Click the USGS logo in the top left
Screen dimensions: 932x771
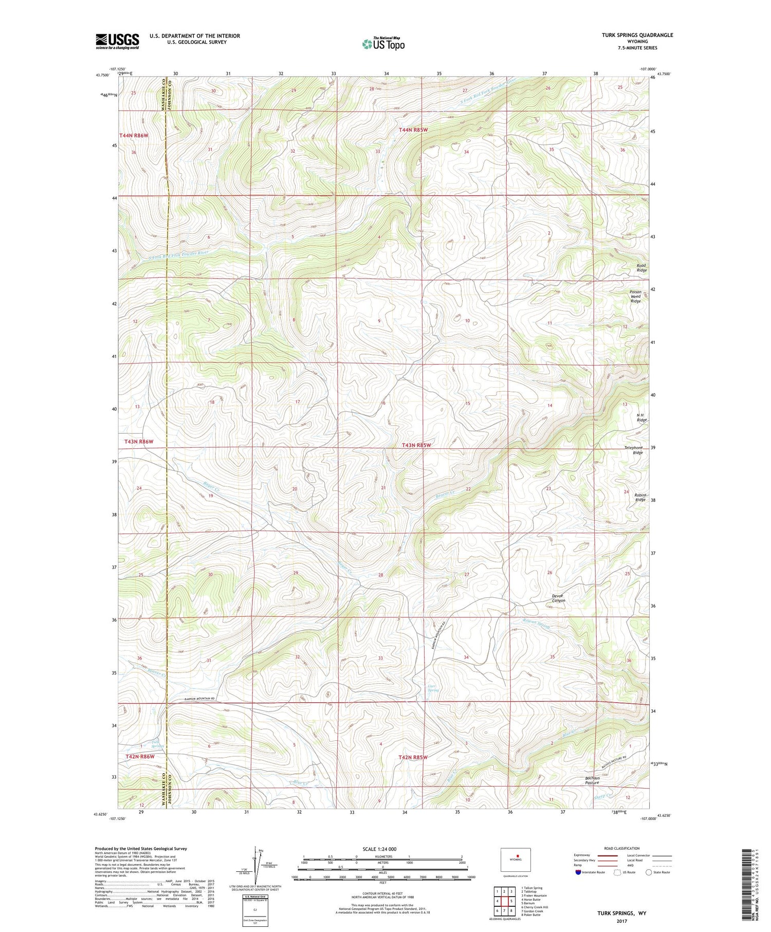click(x=117, y=41)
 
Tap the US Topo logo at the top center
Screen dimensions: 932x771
click(x=383, y=44)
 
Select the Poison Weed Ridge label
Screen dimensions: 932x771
click(x=636, y=296)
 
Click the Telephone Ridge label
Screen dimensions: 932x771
click(x=633, y=450)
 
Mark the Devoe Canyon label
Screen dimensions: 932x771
click(x=559, y=598)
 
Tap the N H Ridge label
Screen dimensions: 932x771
click(x=641, y=417)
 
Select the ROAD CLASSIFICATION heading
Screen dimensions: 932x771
click(x=622, y=848)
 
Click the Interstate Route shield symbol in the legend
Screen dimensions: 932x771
click(x=578, y=872)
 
